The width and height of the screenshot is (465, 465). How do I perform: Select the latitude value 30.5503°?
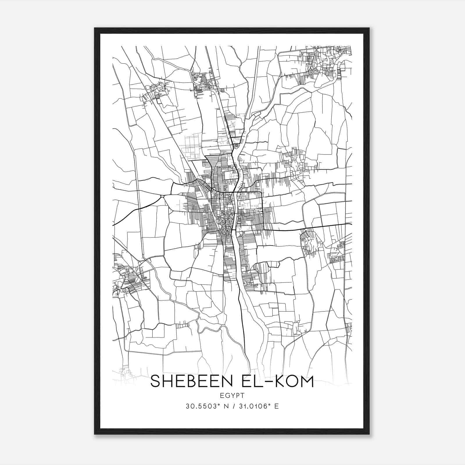click(202, 406)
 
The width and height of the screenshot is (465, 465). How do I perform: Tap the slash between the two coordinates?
click(233, 406)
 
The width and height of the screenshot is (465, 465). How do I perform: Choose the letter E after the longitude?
click(276, 406)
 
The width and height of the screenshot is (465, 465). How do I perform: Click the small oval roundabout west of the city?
click(162, 197)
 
